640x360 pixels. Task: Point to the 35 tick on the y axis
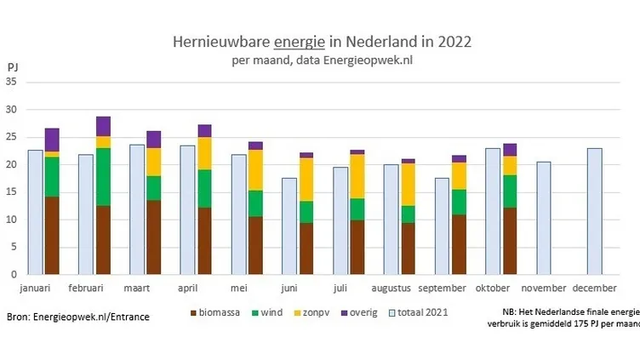pyautogui.click(x=11, y=82)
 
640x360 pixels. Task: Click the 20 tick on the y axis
pyautogui.click(x=11, y=164)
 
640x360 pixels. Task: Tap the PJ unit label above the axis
pyautogui.click(x=13, y=66)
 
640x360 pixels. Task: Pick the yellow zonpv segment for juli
pyautogui.click(x=357, y=176)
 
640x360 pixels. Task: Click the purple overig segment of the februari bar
pyautogui.click(x=103, y=126)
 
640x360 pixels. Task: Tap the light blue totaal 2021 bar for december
pyautogui.click(x=594, y=211)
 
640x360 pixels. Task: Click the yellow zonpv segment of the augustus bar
pyautogui.click(x=409, y=184)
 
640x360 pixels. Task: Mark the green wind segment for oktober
pyautogui.click(x=510, y=191)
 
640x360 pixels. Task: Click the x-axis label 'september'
pyautogui.click(x=459, y=289)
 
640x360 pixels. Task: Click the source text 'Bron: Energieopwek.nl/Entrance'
pyautogui.click(x=77, y=317)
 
